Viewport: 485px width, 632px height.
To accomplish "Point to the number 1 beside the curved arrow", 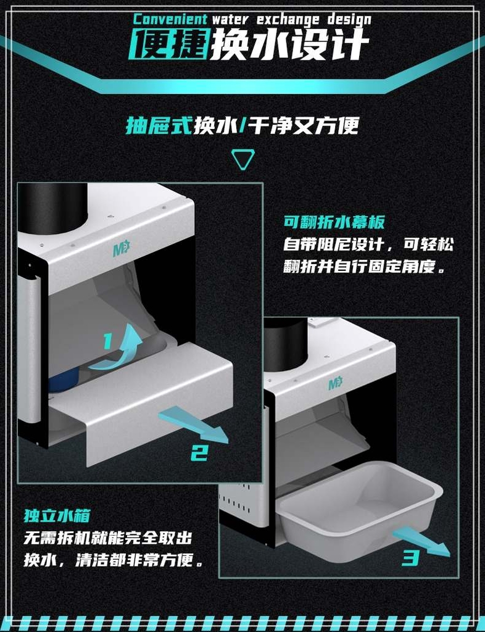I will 107,341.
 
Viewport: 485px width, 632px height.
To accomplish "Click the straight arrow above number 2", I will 193,425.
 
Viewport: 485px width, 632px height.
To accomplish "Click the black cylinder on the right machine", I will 284,343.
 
